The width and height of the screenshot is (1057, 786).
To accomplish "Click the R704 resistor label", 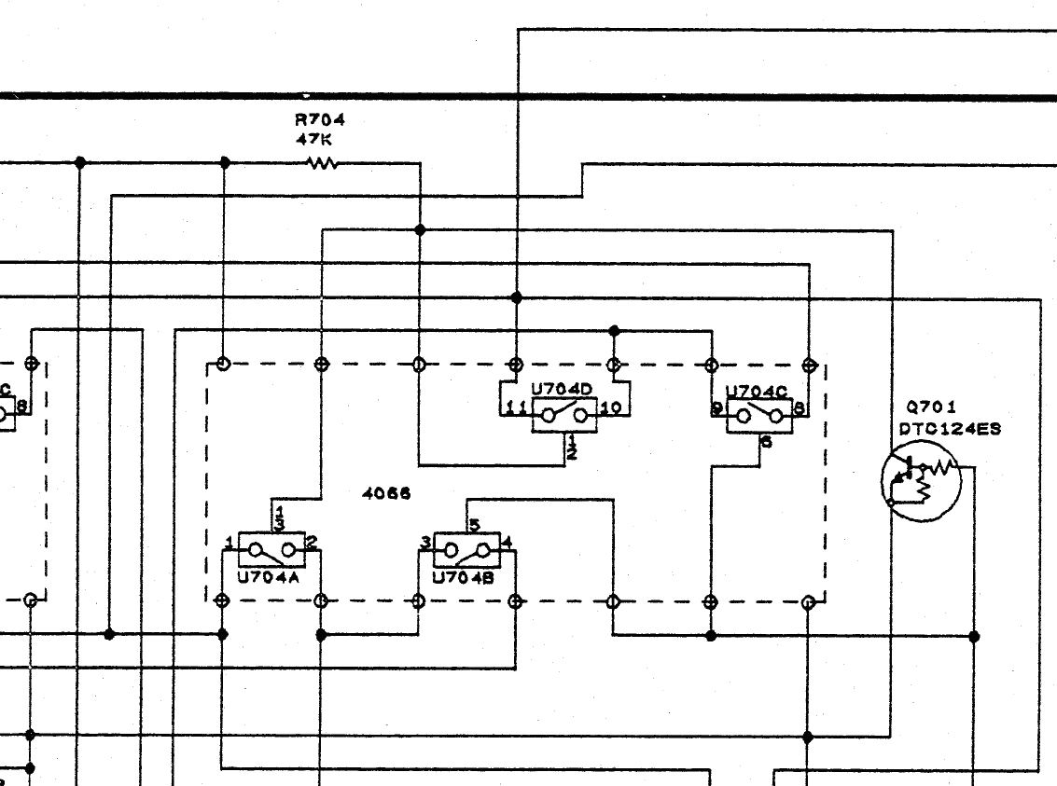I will click(x=320, y=119).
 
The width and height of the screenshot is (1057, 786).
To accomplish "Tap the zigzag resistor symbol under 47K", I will click(x=322, y=163).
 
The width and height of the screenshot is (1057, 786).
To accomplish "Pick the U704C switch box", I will click(x=758, y=416).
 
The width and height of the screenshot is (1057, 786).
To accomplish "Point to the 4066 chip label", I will click(x=386, y=494).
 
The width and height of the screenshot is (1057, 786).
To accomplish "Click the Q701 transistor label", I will click(x=930, y=407).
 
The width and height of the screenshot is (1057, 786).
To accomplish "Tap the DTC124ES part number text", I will click(x=949, y=429).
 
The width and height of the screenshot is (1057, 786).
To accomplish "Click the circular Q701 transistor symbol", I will click(x=921, y=481).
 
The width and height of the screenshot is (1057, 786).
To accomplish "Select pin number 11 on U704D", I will click(x=514, y=408).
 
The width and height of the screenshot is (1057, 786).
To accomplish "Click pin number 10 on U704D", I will click(x=612, y=408).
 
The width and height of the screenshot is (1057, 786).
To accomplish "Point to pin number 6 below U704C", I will click(x=766, y=443).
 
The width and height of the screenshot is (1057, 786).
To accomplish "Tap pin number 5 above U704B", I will click(x=474, y=526).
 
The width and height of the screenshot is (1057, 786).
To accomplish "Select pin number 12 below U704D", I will click(x=571, y=448).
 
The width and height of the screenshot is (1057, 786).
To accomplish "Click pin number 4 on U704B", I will click(x=507, y=542).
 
